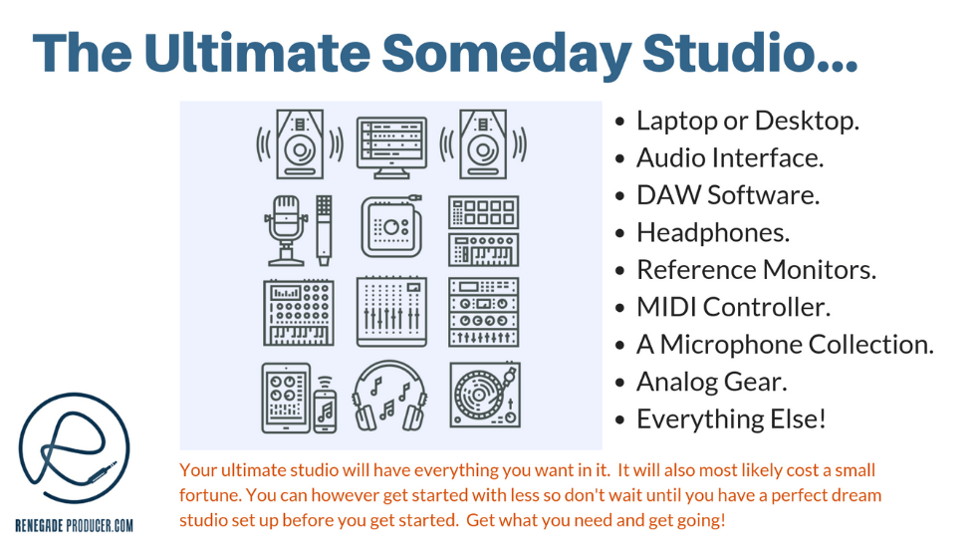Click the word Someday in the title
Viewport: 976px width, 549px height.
click(507, 52)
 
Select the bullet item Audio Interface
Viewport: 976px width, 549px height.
click(729, 158)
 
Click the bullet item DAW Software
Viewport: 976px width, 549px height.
click(728, 195)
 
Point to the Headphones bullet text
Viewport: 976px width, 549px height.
click(713, 233)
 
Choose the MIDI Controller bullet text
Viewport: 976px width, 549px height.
click(733, 307)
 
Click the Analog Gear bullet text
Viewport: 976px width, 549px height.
click(711, 383)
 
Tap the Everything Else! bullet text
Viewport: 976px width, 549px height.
click(731, 418)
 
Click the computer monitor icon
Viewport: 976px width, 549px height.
click(391, 147)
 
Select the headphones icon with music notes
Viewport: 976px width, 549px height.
click(390, 396)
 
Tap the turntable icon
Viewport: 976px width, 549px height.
click(485, 396)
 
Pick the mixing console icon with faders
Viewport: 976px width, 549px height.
click(391, 311)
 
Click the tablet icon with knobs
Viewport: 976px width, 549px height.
click(286, 398)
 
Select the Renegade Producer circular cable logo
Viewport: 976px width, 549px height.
click(74, 448)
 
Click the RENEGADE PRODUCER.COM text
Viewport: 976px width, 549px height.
click(74, 525)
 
